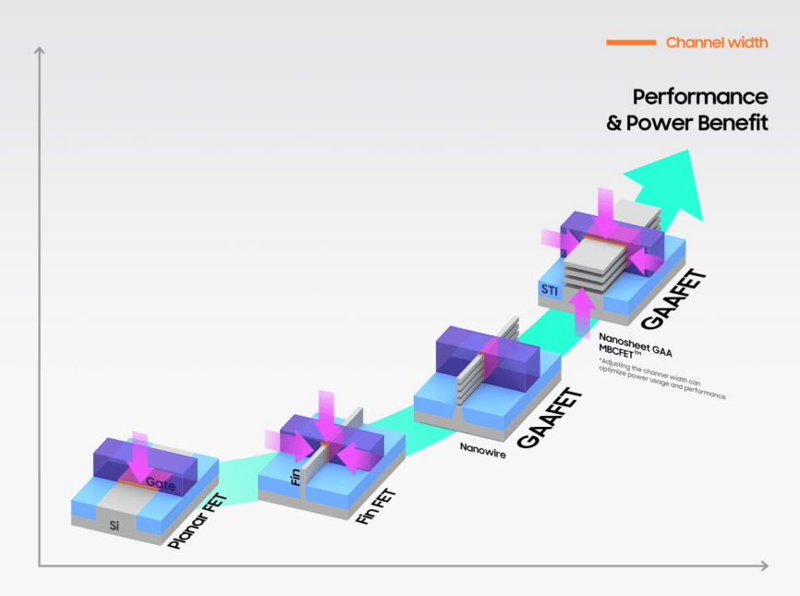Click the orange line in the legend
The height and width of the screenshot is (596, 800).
pyautogui.click(x=630, y=43)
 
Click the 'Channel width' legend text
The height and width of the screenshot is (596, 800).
pyautogui.click(x=717, y=43)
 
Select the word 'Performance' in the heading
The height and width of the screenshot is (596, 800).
pyautogui.click(x=700, y=97)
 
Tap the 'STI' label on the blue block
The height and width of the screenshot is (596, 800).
pyautogui.click(x=549, y=292)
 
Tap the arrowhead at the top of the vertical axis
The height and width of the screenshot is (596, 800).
pyautogui.click(x=39, y=50)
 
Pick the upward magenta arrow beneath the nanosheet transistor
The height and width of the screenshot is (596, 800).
pyautogui.click(x=580, y=310)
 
